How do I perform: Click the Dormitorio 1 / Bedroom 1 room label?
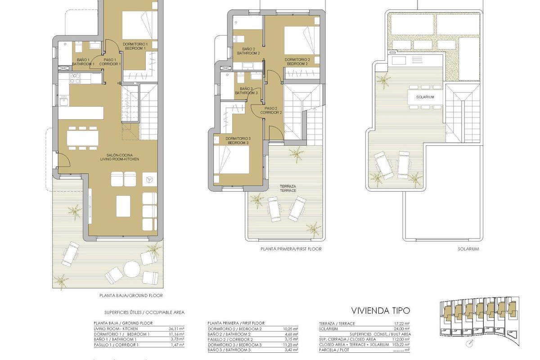tap(135, 46)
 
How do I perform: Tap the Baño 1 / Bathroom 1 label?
tap(83, 62)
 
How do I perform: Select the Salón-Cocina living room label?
tap(120, 157)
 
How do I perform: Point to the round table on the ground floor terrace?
tap(132, 270)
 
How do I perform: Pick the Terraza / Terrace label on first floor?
tap(288, 188)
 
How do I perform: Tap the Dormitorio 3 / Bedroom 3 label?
tap(237, 140)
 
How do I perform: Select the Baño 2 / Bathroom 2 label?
tap(248, 51)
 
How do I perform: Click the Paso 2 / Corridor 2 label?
tap(273, 110)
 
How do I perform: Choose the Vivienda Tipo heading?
tap(380, 311)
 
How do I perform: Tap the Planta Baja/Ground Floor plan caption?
tap(131, 296)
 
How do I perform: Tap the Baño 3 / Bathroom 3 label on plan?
tap(246, 91)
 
